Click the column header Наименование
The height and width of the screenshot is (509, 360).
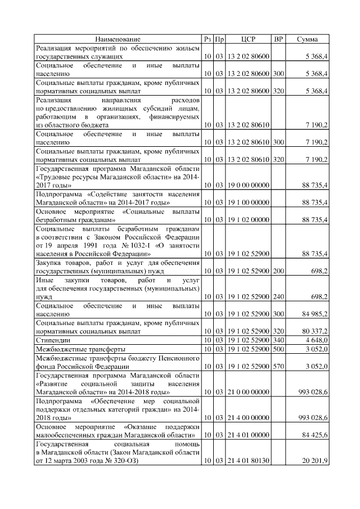pos(118,39)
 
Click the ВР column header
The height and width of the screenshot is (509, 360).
pos(278,39)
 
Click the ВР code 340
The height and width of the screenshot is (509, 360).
pos(278,340)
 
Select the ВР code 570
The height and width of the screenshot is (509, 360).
pos(278,366)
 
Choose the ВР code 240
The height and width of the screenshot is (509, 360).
pos(278,296)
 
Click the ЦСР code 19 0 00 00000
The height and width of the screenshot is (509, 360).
pos(248,185)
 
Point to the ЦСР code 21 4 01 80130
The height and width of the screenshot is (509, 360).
pos(248,462)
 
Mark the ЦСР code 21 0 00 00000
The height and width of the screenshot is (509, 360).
pos(248,392)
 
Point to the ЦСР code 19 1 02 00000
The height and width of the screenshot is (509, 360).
pos(248,220)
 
